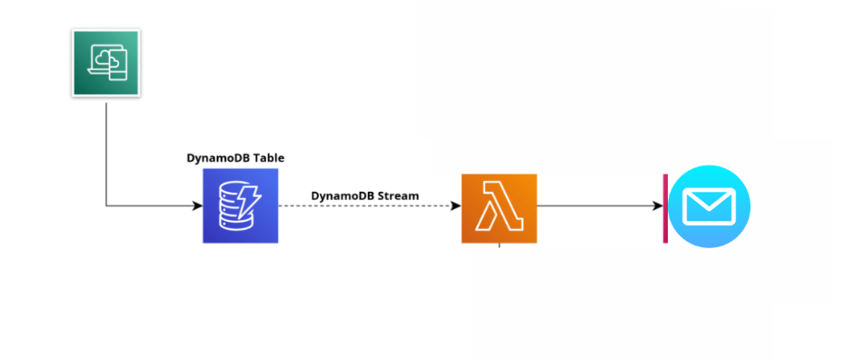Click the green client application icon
pyautogui.click(x=105, y=63)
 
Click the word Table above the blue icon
pyautogui.click(x=269, y=157)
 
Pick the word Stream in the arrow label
pyautogui.click(x=399, y=195)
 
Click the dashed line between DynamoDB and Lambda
pyautogui.click(x=363, y=205)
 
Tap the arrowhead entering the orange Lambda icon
pyautogui.click(x=455, y=205)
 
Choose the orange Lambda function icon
pyautogui.click(x=499, y=208)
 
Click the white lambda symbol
pyautogui.click(x=499, y=209)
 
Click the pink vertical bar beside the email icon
pyautogui.click(x=665, y=208)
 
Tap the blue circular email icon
pyautogui.click(x=710, y=206)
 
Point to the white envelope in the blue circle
pyautogui.click(x=709, y=207)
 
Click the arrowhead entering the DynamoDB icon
pyautogui.click(x=197, y=205)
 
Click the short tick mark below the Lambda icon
pyautogui.click(x=499, y=246)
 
